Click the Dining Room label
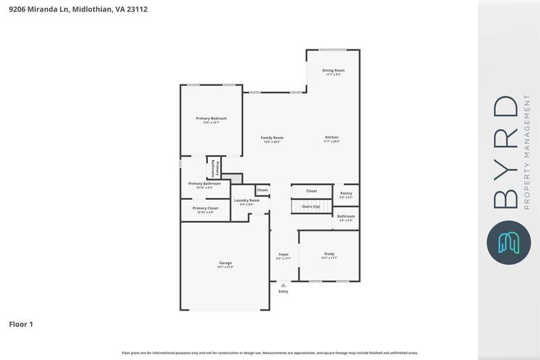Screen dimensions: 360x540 click(333, 70)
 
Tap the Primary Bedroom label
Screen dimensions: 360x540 click(211, 118)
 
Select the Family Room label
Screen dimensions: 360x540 click(272, 138)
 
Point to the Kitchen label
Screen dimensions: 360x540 click(331, 138)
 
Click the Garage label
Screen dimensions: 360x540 click(225, 263)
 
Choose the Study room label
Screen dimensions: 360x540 click(329, 254)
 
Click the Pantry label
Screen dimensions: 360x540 click(346, 194)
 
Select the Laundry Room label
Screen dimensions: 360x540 click(246, 201)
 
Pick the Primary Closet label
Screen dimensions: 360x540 click(205, 209)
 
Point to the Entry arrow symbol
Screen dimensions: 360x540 click(283, 285)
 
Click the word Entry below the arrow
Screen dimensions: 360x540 click(283, 291)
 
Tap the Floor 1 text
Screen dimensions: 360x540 click(21, 325)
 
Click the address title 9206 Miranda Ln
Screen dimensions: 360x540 click(78, 9)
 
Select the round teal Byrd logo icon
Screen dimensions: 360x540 click(509, 242)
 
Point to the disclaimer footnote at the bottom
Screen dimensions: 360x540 click(269, 353)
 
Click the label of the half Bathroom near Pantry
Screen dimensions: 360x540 click(346, 216)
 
